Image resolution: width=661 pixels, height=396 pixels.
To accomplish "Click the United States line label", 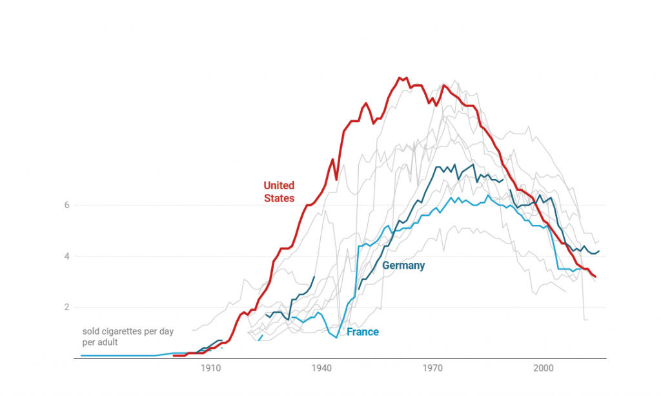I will point(279,192).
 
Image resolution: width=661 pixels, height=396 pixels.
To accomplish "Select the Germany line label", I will point(403,266).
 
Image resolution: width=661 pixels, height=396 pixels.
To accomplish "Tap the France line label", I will point(363,332).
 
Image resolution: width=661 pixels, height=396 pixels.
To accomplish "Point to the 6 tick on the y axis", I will point(66,205).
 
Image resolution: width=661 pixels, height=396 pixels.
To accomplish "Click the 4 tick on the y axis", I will point(66,256).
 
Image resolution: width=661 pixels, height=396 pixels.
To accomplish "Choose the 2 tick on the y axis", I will point(66,307).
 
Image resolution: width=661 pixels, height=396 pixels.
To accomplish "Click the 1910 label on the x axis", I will point(210,368).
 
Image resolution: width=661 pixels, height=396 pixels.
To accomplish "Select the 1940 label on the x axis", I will point(321,368).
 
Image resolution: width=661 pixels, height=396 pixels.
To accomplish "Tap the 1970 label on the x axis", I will point(432,368).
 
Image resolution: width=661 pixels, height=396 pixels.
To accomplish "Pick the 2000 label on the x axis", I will point(544,368).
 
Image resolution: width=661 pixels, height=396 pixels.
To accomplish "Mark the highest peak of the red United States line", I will point(400,78).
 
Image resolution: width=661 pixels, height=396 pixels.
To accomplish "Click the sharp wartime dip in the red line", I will point(336,180).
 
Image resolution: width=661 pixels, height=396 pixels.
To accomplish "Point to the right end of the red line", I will point(595,277).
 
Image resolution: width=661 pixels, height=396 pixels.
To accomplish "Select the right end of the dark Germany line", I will point(599,251).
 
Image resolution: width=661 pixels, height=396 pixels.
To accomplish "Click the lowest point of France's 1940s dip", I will point(336,337).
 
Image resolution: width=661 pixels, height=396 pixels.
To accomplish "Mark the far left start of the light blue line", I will point(81,355).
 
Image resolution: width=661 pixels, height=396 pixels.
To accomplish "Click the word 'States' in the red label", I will point(279,198).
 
